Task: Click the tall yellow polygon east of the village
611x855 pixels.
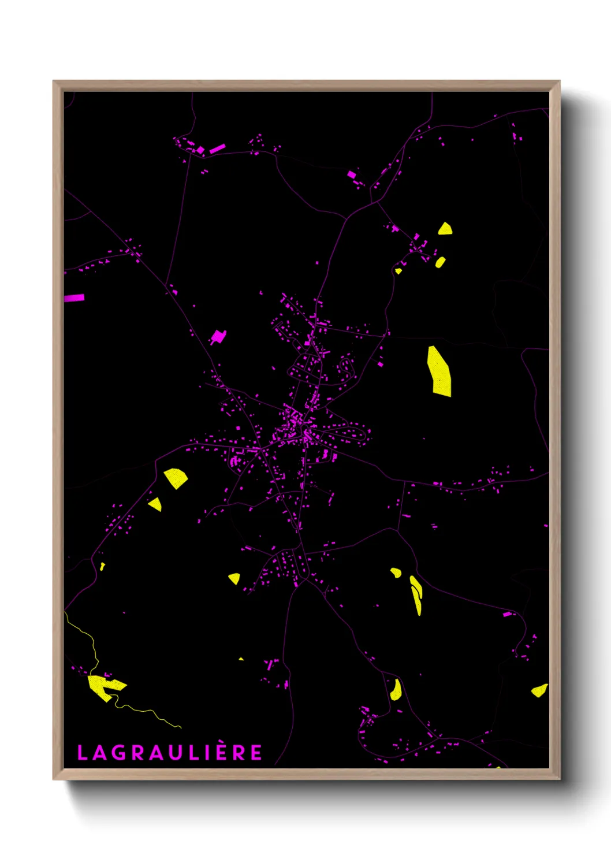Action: point(439,371)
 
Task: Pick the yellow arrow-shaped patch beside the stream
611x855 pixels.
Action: point(104,686)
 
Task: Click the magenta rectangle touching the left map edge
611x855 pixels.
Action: point(74,298)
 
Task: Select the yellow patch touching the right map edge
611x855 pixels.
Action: point(539,690)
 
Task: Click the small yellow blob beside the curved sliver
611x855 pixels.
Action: point(396,573)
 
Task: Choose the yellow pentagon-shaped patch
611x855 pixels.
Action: point(176,478)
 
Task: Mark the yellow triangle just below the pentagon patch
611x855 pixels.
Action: point(155,504)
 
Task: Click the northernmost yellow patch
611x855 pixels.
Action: point(445,229)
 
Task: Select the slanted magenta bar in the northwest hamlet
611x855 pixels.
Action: point(217,149)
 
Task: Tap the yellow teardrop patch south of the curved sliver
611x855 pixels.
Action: point(396,690)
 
